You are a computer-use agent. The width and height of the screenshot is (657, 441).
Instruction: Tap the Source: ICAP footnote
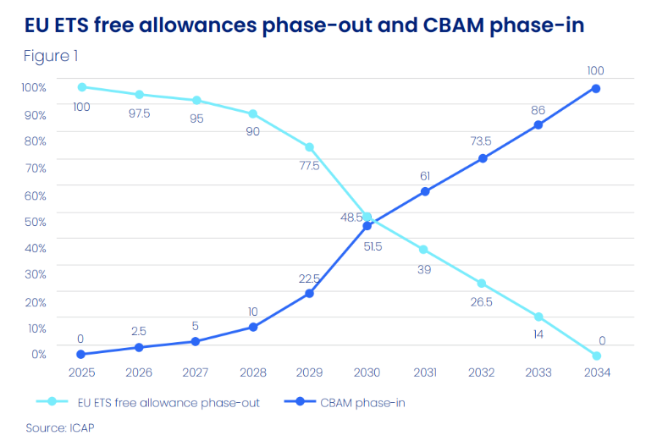pos(59,427)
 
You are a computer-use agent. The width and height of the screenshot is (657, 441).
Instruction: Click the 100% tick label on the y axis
pos(34,87)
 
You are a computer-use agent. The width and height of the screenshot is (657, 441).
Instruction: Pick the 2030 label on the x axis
pos(367,372)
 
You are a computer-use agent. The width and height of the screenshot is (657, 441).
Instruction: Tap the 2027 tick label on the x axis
pos(196,372)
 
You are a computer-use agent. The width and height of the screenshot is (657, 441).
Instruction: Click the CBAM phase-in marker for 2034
pos(596,88)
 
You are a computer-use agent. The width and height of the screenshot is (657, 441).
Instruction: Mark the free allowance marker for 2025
pos(82,87)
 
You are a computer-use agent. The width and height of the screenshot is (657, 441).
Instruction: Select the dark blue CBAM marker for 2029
pos(310,294)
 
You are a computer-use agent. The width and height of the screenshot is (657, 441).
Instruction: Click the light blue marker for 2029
pos(310,147)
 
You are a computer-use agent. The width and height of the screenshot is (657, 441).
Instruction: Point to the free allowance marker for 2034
pos(596,356)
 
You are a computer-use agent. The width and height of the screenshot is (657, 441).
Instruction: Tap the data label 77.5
pos(309,166)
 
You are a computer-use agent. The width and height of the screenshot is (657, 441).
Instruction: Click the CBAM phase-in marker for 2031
pos(425,191)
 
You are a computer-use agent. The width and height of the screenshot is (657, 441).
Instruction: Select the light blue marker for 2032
pos(482,283)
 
